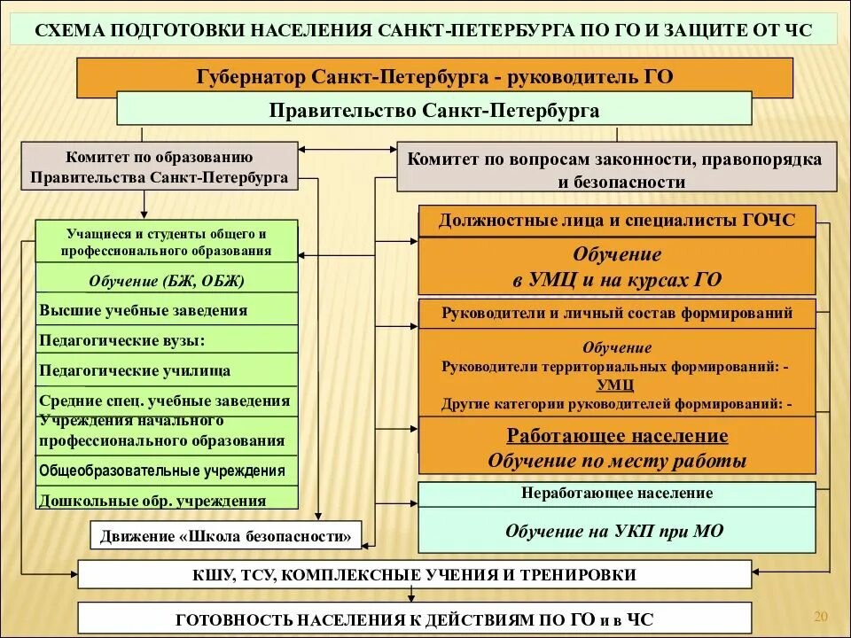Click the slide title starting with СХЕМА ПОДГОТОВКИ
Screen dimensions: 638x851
click(x=425, y=31)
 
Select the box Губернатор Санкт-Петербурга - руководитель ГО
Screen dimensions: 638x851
click(x=434, y=77)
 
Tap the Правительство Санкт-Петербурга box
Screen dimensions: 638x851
click(x=434, y=110)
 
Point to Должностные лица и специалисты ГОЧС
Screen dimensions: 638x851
click(x=616, y=221)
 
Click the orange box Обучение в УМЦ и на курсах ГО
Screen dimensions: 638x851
click(x=616, y=267)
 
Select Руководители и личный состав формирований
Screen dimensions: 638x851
click(x=616, y=313)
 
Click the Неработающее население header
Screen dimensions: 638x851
click(x=616, y=494)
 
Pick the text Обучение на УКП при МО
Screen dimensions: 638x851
click(x=616, y=531)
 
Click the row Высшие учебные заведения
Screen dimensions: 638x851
click(x=167, y=310)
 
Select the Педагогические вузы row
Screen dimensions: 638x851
click(x=167, y=339)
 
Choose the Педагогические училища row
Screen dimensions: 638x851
click(x=167, y=370)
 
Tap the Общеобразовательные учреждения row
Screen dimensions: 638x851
click(x=167, y=470)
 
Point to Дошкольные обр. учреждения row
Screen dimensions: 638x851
click(x=167, y=499)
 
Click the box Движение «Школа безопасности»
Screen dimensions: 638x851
click(x=227, y=535)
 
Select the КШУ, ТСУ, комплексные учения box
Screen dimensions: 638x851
click(x=414, y=574)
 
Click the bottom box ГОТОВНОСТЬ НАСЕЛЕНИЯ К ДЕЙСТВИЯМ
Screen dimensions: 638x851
click(x=414, y=618)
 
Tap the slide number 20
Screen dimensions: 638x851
click(x=820, y=617)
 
